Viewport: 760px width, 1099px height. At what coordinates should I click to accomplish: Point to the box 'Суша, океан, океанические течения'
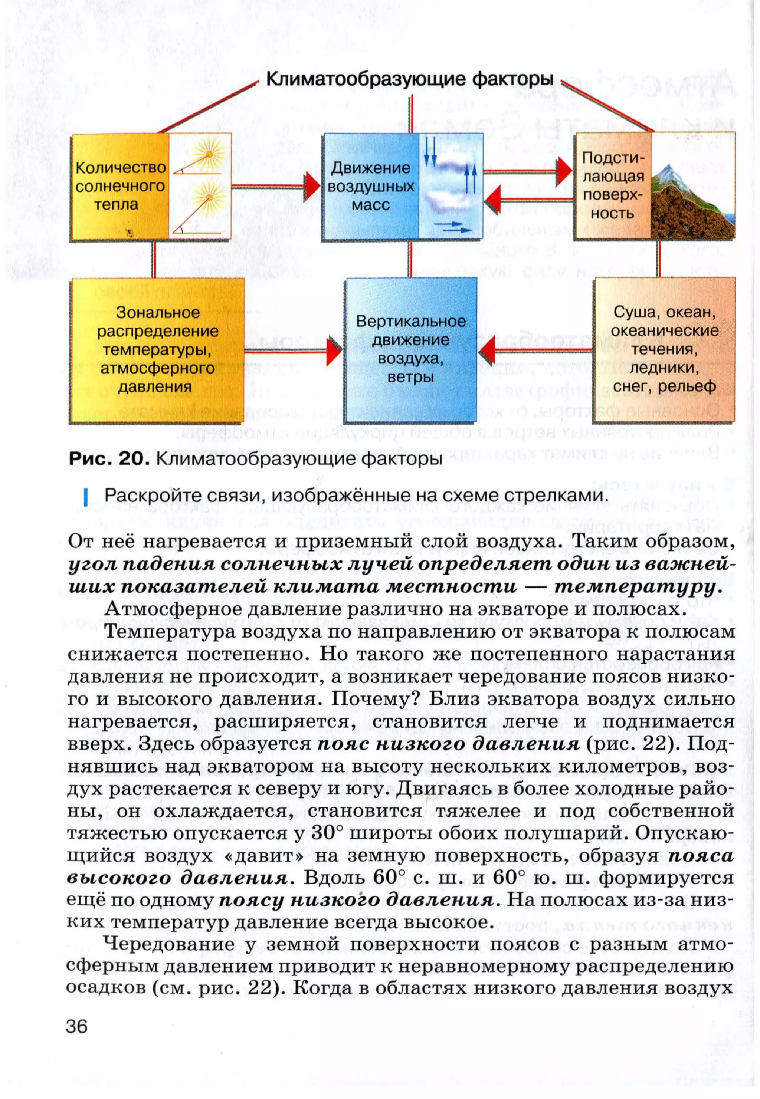pos(664,350)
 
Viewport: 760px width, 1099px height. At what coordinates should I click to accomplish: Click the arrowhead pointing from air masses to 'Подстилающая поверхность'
pos(565,170)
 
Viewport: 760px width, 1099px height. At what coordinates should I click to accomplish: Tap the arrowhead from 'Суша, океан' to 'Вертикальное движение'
pos(488,351)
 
